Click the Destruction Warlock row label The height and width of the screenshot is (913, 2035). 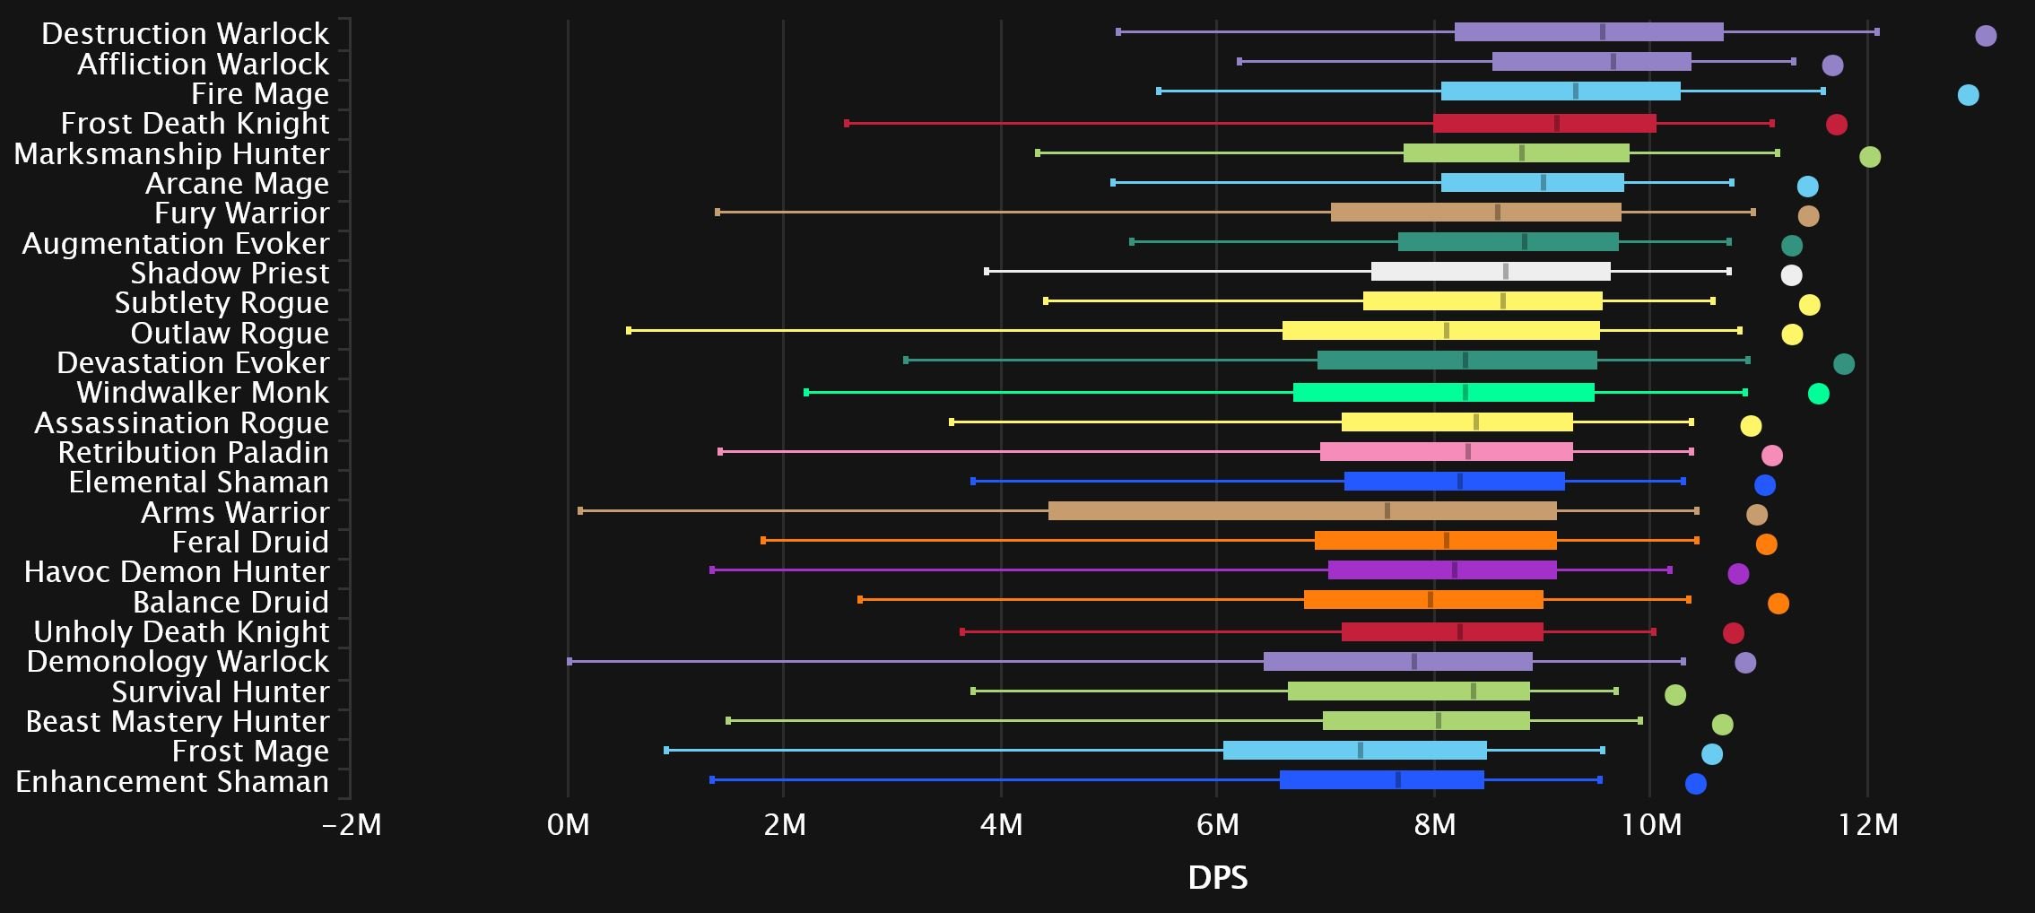click(x=185, y=34)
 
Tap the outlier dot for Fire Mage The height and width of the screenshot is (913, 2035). click(x=1968, y=95)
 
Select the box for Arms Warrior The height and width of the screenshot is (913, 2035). click(x=1302, y=511)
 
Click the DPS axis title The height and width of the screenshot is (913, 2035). click(x=1217, y=877)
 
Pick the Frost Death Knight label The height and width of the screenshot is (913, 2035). click(x=195, y=124)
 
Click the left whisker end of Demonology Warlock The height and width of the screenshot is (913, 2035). click(x=570, y=662)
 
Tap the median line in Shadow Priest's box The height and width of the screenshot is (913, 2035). click(x=1505, y=272)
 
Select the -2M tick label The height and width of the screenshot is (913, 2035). click(x=352, y=824)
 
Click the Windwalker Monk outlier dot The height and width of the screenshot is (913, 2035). click(x=1818, y=394)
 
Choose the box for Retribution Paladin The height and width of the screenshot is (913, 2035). click(x=1446, y=452)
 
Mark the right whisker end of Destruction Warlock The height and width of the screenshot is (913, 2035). click(x=1876, y=32)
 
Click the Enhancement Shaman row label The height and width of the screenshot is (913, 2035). click(x=172, y=782)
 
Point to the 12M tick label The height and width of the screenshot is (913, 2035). click(x=1867, y=824)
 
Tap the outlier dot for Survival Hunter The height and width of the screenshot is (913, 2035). click(x=1674, y=695)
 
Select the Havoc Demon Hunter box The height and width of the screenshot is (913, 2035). click(x=1442, y=570)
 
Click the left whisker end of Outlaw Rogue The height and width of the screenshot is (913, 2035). click(x=629, y=331)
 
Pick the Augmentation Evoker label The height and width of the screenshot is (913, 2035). click(x=176, y=244)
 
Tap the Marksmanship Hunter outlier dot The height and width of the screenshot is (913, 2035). click(x=1869, y=157)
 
